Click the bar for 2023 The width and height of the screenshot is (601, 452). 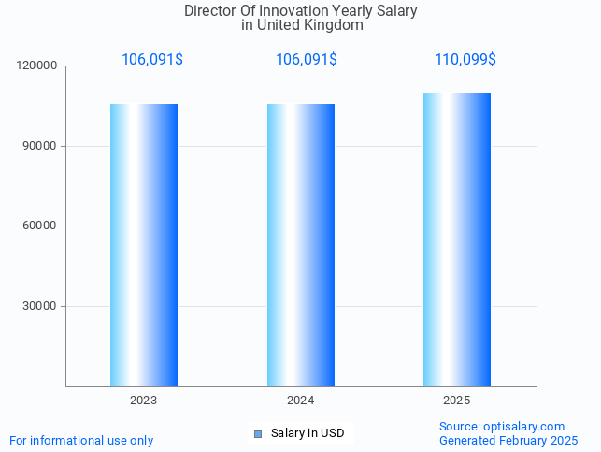coord(144,245)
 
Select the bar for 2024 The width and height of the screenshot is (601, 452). coord(301,245)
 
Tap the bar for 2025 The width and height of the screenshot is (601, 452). coord(457,240)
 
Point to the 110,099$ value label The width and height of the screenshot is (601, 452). coord(465,60)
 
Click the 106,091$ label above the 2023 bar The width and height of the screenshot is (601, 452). coord(152,60)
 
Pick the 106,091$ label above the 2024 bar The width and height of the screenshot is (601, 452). coord(307,60)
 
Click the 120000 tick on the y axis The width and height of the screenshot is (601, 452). coord(37,66)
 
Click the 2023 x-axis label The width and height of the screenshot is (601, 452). coord(144,401)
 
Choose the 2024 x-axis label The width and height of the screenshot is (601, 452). coord(301,401)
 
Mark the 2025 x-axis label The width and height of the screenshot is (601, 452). coord(457,401)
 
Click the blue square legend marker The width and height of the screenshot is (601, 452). coord(258,433)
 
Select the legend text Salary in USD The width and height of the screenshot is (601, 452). coord(308,433)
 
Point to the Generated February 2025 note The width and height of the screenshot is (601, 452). coord(508,440)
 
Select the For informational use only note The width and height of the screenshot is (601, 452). coord(81,440)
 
